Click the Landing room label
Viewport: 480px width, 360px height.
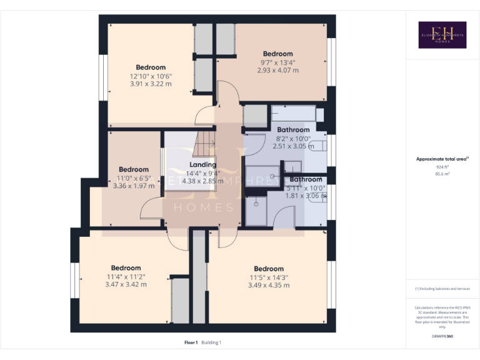(x=203, y=165)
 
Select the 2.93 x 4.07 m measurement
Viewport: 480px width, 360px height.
(x=278, y=70)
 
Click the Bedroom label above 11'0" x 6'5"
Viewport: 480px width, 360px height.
(x=134, y=169)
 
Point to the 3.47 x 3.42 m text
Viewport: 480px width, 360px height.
(x=126, y=284)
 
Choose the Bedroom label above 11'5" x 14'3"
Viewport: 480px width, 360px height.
(x=269, y=269)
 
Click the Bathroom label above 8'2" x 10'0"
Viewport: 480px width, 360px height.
(x=294, y=130)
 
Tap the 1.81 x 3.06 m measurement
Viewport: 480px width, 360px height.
(x=306, y=196)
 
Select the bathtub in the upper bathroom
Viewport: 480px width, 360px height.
(x=294, y=114)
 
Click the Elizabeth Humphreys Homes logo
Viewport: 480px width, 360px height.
(x=442, y=35)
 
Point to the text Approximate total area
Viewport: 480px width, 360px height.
(x=441, y=159)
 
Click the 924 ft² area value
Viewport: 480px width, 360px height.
(x=442, y=167)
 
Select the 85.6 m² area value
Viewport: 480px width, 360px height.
(x=442, y=174)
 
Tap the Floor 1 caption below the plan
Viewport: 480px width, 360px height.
(x=191, y=342)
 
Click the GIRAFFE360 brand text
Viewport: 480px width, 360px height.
(x=442, y=336)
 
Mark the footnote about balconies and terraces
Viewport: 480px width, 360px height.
(x=442, y=289)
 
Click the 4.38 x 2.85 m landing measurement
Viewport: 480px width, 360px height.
(x=203, y=181)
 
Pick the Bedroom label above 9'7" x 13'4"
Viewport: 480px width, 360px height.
(x=278, y=54)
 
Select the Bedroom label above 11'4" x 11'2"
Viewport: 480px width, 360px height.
(x=126, y=268)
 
